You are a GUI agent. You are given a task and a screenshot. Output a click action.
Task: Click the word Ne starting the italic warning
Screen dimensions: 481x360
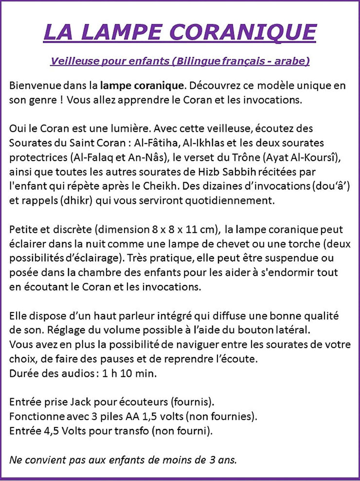[16, 460]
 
